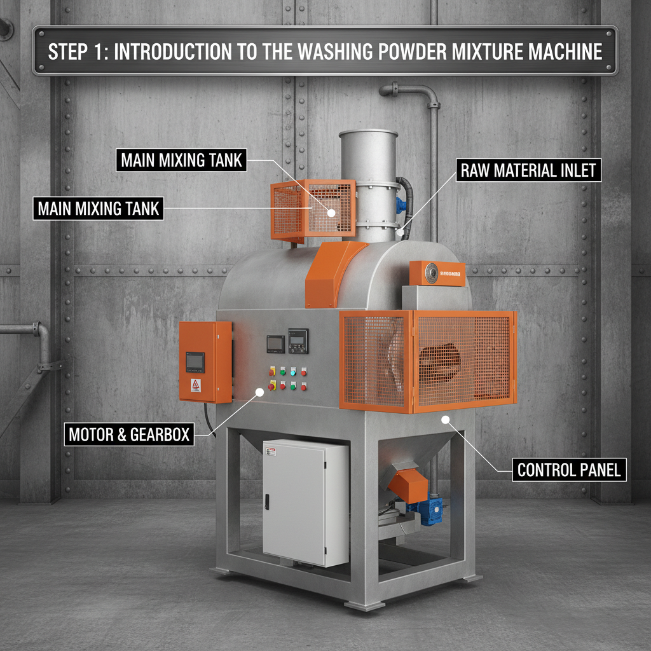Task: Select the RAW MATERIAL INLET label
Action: (529, 170)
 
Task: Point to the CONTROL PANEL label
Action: (570, 470)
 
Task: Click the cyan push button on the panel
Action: (293, 371)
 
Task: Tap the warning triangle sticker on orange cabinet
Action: (196, 385)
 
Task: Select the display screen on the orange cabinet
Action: (195, 362)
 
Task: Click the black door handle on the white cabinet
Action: (266, 502)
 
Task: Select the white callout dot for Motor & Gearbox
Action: (259, 392)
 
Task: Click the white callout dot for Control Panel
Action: (446, 420)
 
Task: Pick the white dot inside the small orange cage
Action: (331, 214)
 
